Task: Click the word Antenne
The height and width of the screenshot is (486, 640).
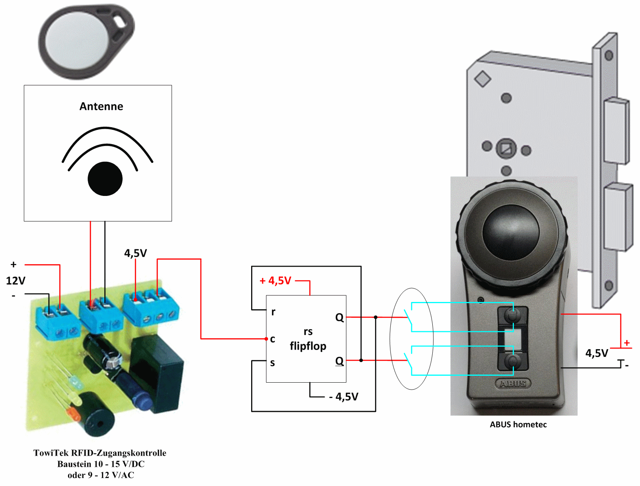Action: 101,106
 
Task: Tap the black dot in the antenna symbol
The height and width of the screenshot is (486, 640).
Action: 105,179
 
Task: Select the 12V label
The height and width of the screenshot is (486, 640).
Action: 15,281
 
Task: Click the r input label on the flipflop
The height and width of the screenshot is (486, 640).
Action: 273,312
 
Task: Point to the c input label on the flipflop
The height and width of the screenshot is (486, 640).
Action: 273,339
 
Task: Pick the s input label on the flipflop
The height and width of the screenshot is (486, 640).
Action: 272,363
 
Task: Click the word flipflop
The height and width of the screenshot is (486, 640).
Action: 308,346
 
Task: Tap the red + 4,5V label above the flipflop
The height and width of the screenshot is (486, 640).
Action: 275,281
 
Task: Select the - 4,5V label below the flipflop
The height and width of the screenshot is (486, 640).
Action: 344,396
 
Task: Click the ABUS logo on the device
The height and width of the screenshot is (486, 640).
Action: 513,383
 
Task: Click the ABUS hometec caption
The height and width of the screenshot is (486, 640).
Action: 518,425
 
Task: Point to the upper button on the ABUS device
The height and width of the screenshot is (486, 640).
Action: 513,315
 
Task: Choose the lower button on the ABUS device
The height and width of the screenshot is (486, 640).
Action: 513,361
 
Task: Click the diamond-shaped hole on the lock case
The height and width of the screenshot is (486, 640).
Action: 483,79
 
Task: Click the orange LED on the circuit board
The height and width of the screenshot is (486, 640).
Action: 72,414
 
